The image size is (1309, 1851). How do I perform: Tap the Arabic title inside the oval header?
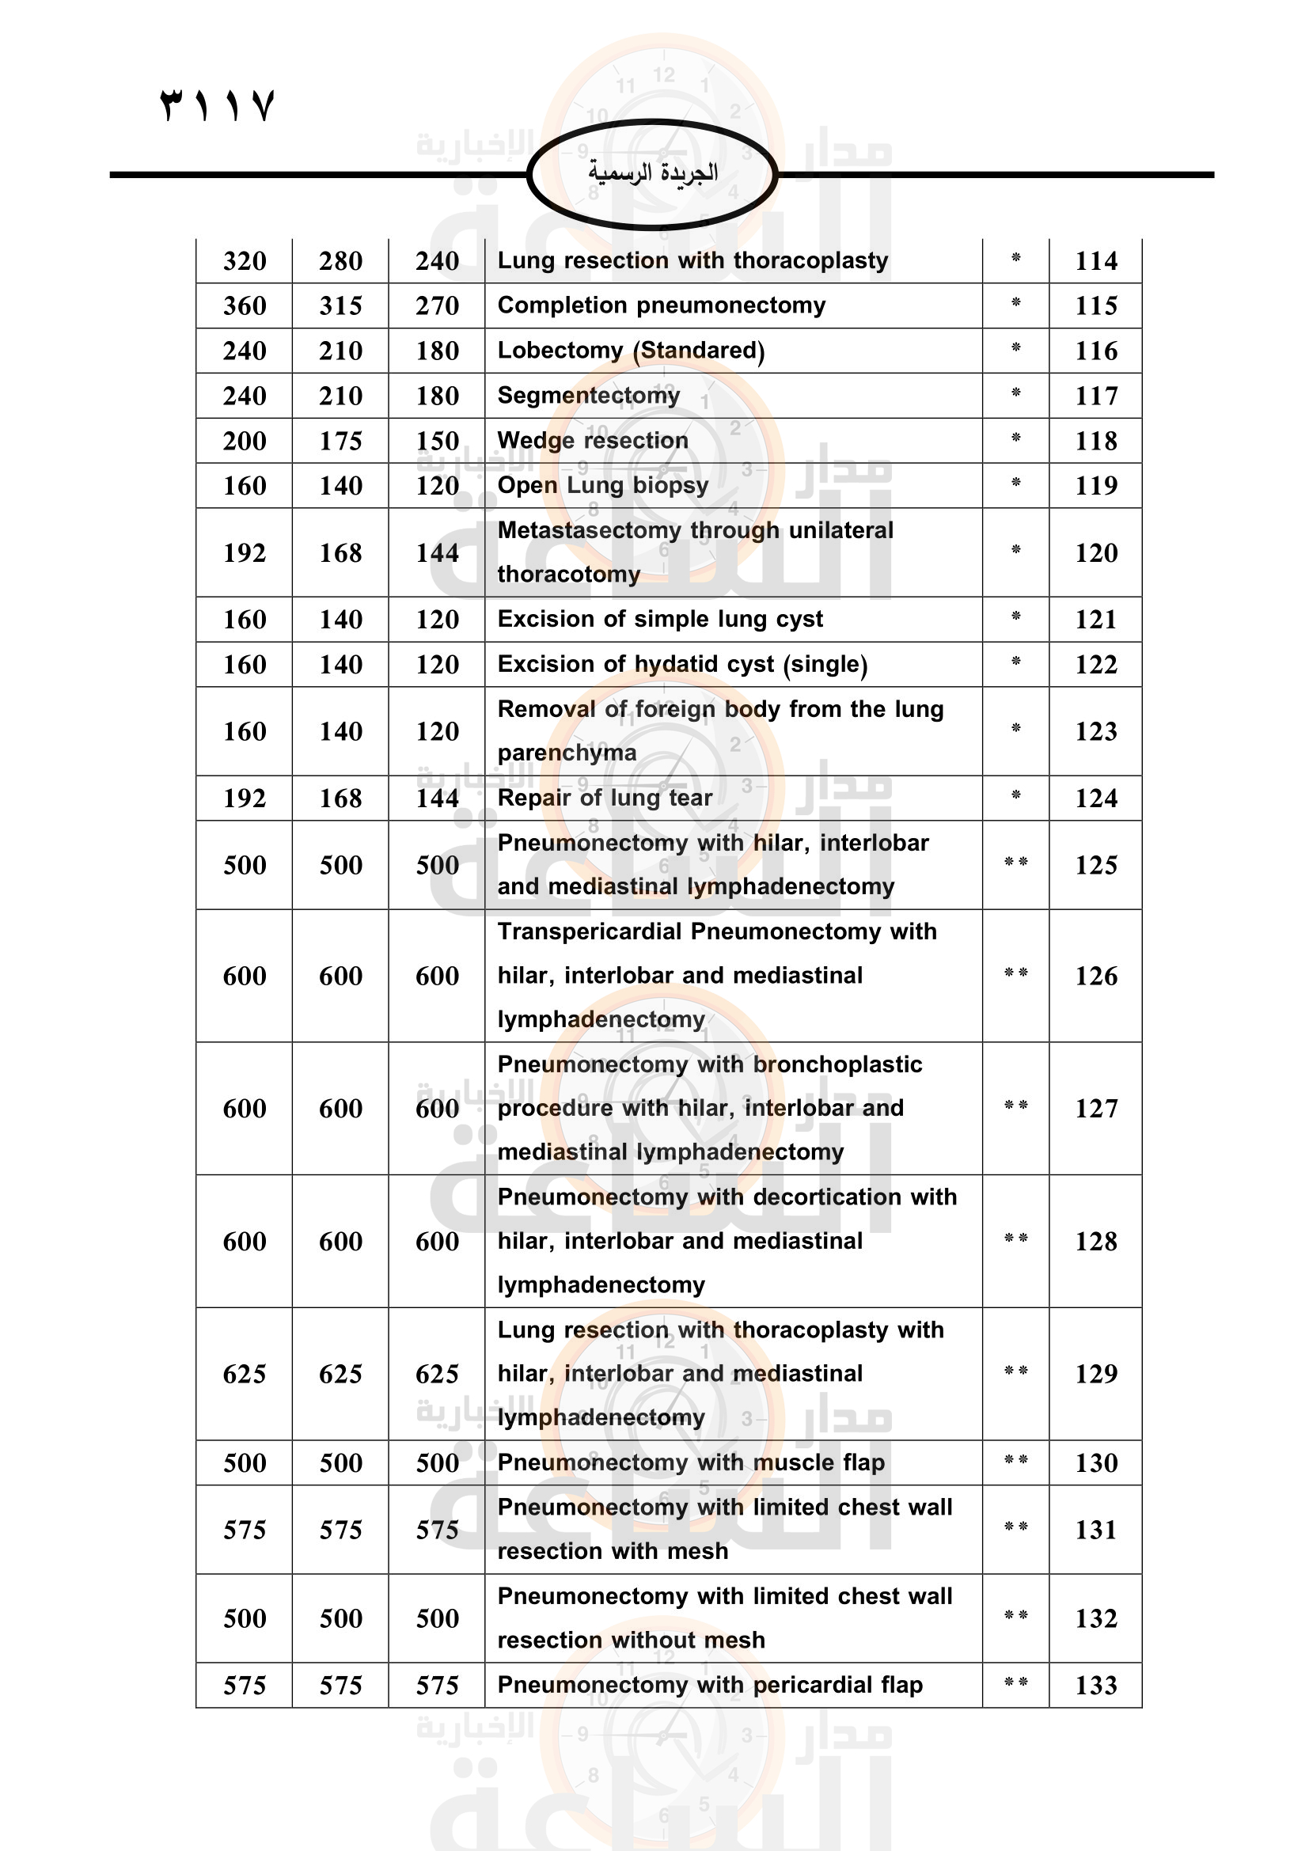point(652,173)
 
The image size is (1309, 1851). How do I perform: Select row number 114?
point(1095,261)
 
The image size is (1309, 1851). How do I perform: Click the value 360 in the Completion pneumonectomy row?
point(245,306)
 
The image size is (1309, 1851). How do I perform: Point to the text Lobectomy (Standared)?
point(630,351)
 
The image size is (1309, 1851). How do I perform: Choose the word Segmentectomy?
point(588,396)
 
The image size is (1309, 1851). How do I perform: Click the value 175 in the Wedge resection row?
point(340,441)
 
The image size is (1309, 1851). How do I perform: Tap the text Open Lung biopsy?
point(602,485)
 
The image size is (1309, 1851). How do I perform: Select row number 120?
point(1095,553)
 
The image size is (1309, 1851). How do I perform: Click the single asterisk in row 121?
point(1015,617)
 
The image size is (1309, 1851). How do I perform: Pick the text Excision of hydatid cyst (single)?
point(682,664)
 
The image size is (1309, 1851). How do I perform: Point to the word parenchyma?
point(567,753)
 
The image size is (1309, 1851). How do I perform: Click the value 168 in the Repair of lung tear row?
point(340,799)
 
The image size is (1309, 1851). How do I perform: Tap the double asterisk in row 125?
point(1015,863)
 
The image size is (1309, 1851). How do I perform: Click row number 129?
point(1095,1374)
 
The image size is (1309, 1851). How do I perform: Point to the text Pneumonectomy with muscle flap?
point(691,1462)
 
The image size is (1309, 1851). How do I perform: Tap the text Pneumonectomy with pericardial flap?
point(709,1685)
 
